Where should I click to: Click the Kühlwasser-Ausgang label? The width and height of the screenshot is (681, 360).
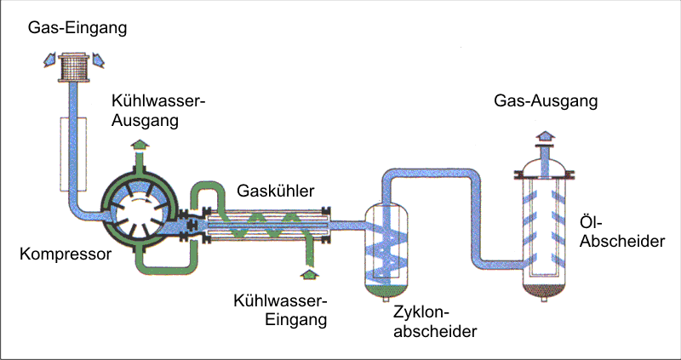pyautogui.click(x=158, y=111)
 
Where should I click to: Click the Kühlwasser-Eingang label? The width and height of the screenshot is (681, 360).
pyautogui.click(x=281, y=311)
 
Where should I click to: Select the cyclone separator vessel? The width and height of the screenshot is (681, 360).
pyautogui.click(x=390, y=247)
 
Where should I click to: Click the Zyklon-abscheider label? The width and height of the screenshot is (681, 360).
pyautogui.click(x=434, y=322)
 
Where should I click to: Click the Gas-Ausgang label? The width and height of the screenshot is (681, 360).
pyautogui.click(x=546, y=101)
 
